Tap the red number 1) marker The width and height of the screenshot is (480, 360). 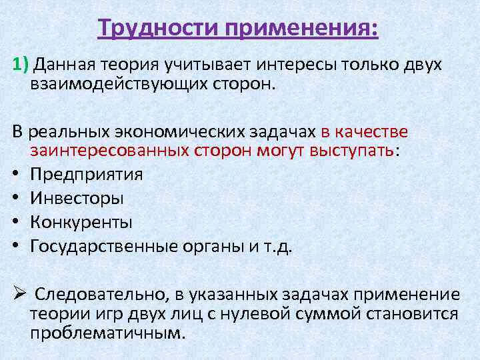pos(21,65)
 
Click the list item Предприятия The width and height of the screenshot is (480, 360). pos(87,175)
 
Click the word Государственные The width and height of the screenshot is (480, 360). pos(103,246)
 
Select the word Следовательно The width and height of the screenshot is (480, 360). pos(99,294)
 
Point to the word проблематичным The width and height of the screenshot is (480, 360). pos(106,333)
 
